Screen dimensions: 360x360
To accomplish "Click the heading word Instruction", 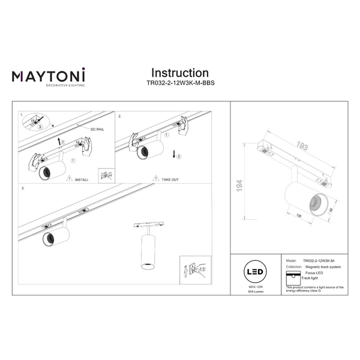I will (x=179, y=73).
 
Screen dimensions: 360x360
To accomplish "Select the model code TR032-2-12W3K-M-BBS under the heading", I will (x=180, y=85).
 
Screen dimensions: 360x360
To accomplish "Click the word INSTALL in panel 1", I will (x=82, y=179).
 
